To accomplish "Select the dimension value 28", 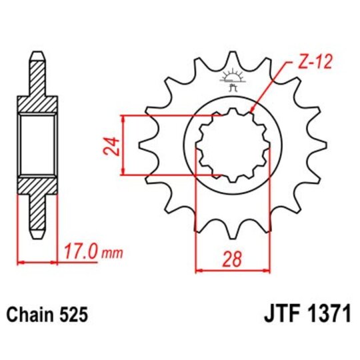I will [x=232, y=259].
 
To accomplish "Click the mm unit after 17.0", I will [x=113, y=253].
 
